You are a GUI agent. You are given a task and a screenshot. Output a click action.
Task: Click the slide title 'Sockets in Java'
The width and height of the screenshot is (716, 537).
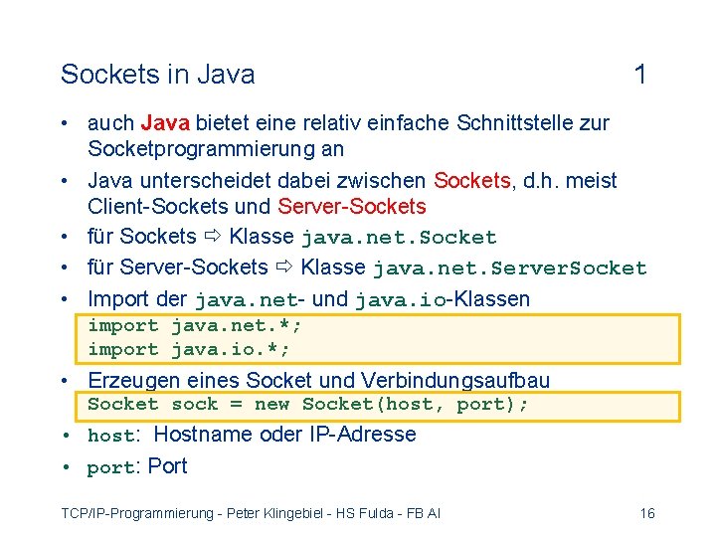click(x=157, y=75)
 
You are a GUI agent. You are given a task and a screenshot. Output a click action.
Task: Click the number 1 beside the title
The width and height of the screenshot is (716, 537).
click(x=640, y=75)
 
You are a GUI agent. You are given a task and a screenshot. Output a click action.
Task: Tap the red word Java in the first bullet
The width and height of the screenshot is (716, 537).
click(x=167, y=123)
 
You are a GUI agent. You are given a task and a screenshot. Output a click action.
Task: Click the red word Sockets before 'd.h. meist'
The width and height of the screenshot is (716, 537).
click(x=471, y=181)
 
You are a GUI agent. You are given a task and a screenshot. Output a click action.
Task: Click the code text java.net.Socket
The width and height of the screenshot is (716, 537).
click(x=399, y=238)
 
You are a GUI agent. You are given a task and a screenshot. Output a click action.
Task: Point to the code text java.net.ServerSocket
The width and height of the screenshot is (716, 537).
click(x=509, y=268)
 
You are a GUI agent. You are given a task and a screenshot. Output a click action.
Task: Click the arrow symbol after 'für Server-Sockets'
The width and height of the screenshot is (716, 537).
click(x=284, y=268)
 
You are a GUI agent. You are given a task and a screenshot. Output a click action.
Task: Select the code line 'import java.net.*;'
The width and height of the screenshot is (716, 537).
click(x=195, y=325)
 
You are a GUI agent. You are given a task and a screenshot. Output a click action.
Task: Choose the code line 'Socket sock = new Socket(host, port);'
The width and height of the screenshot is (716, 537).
click(x=308, y=405)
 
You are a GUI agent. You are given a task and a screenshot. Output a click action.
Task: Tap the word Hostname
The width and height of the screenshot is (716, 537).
click(x=204, y=435)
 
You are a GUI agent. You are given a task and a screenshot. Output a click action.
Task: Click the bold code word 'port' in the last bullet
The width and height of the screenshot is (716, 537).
click(x=110, y=467)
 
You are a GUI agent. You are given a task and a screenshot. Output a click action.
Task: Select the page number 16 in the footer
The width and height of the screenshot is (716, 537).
click(x=647, y=513)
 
